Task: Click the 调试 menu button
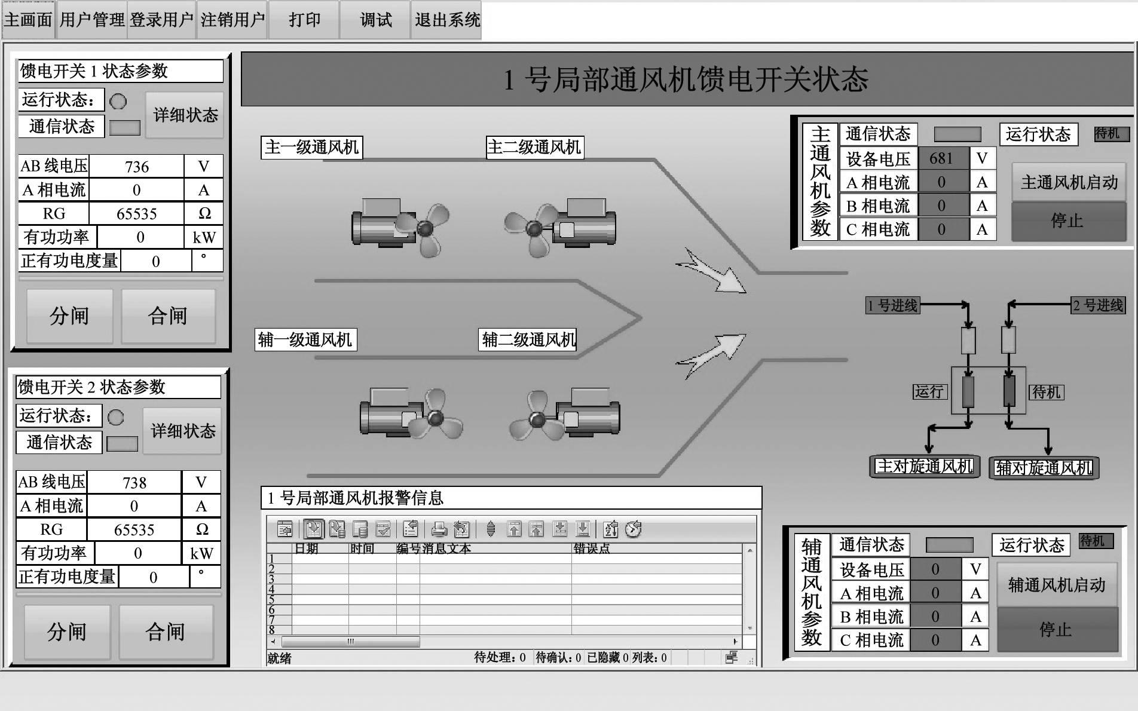click(x=375, y=20)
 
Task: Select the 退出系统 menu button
click(x=446, y=20)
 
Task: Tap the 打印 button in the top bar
click(x=304, y=20)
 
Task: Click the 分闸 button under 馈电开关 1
click(x=69, y=316)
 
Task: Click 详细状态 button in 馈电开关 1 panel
click(x=185, y=115)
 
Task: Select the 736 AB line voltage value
click(x=137, y=167)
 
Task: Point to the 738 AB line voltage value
click(x=134, y=482)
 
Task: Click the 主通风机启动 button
click(x=1069, y=182)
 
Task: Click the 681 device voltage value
click(x=941, y=158)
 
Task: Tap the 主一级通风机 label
click(x=312, y=147)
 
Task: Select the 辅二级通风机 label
click(x=528, y=339)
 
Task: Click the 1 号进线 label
click(x=893, y=306)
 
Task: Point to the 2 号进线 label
click(x=1098, y=305)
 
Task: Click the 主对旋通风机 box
click(x=925, y=467)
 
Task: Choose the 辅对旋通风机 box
click(x=1044, y=468)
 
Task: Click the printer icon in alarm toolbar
click(x=439, y=529)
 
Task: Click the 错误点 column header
click(x=592, y=548)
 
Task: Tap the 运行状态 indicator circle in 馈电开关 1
click(x=118, y=102)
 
